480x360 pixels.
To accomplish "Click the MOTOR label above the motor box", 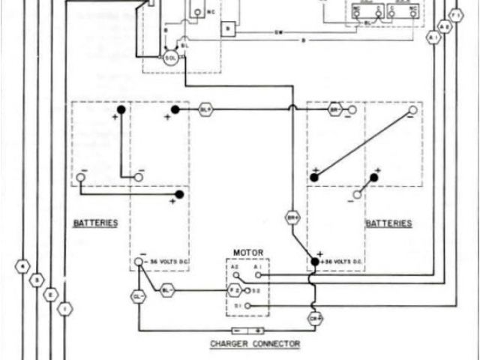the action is pyautogui.click(x=247, y=253).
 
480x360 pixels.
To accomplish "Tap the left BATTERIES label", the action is pyautogui.click(x=95, y=223).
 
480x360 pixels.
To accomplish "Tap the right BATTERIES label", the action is pyautogui.click(x=388, y=223).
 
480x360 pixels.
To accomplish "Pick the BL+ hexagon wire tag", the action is pyautogui.click(x=205, y=109).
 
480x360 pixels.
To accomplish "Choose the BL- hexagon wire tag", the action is pyautogui.click(x=167, y=289).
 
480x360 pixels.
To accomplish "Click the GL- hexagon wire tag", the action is pyautogui.click(x=138, y=296).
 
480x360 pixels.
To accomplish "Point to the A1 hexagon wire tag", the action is pyautogui.click(x=433, y=36).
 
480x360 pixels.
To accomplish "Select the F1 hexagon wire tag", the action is pyautogui.click(x=455, y=15).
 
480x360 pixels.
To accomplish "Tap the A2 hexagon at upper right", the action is pyautogui.click(x=444, y=25).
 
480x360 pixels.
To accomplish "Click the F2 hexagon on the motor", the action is pyautogui.click(x=235, y=289).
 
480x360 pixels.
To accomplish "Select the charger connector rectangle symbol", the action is pyautogui.click(x=247, y=330).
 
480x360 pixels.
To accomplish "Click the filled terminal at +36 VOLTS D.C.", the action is pyautogui.click(x=315, y=261).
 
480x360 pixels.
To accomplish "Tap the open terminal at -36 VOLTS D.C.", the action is pyautogui.click(x=138, y=262).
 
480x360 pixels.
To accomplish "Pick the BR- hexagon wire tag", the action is pyautogui.click(x=335, y=109).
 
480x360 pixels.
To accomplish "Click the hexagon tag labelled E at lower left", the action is pyautogui.click(x=51, y=295).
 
